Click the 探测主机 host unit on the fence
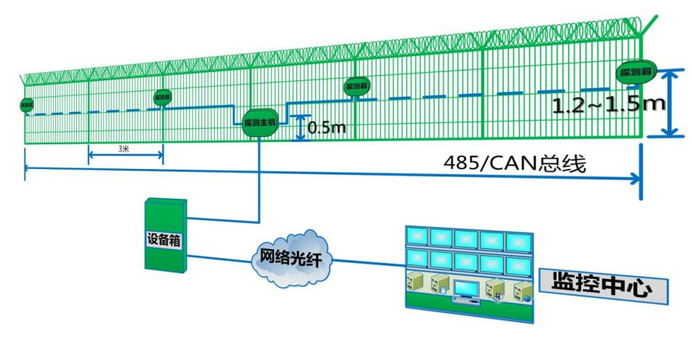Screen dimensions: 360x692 click(x=260, y=122)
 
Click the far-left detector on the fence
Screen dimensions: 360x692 click(x=27, y=105)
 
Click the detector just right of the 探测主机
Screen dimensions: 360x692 click(x=357, y=86)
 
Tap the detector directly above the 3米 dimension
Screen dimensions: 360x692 click(x=163, y=98)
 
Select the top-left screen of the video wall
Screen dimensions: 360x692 click(x=417, y=237)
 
